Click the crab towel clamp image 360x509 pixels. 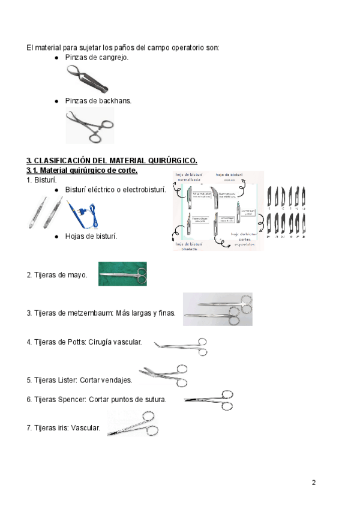(x=88, y=79)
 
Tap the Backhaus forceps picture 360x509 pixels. (x=89, y=125)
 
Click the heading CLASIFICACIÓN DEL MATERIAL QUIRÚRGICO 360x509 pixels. (x=112, y=160)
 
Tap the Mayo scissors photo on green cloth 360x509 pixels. (x=122, y=274)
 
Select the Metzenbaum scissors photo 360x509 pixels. (x=217, y=309)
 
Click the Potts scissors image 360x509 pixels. (x=181, y=347)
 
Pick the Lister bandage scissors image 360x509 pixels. (x=164, y=375)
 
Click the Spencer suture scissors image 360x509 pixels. (x=210, y=400)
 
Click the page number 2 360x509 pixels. (x=313, y=483)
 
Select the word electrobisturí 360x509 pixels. (x=143, y=190)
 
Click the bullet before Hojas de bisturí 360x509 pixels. (x=56, y=236)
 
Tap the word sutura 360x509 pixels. (x=155, y=400)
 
